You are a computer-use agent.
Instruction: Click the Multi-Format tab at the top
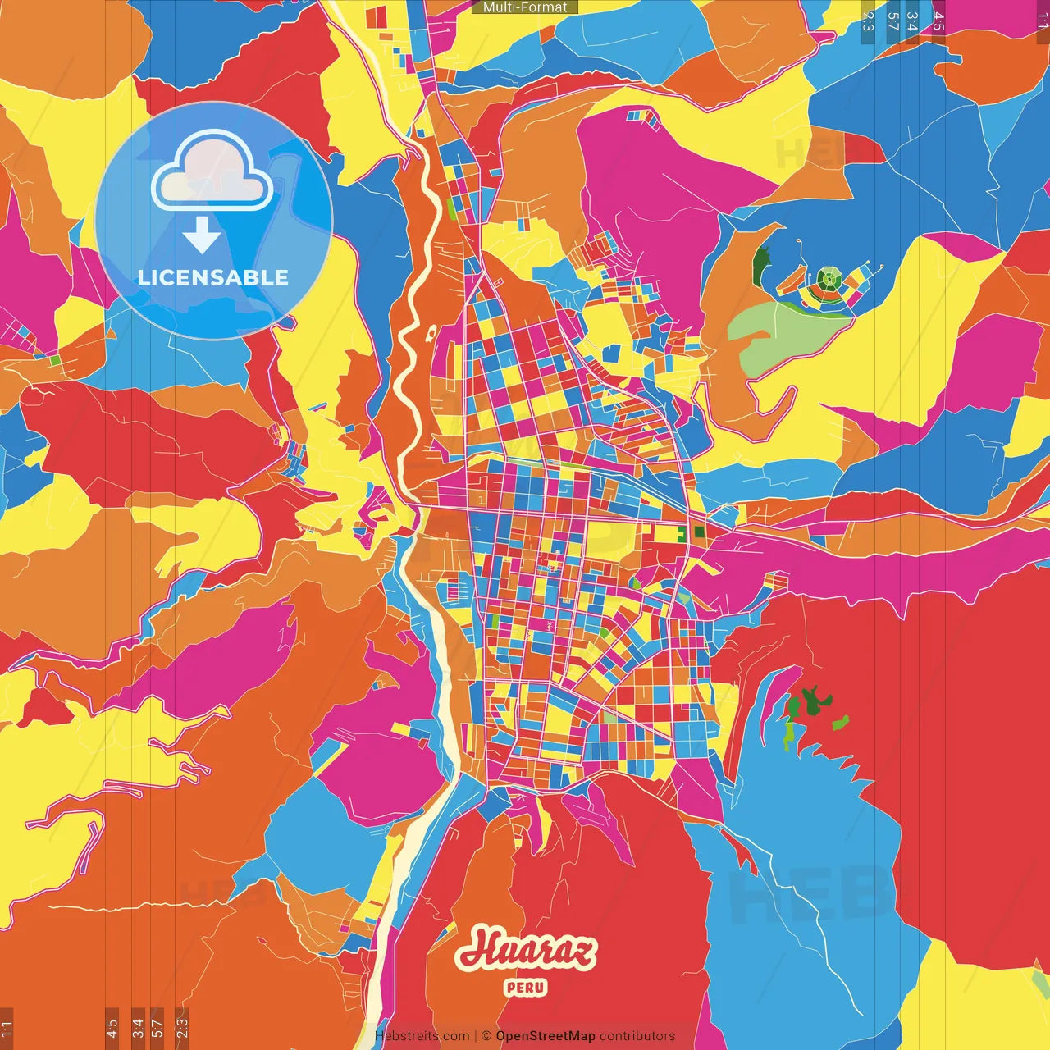tap(525, 7)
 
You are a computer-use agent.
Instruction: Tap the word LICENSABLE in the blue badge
tap(213, 277)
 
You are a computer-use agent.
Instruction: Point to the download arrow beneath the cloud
tap(202, 237)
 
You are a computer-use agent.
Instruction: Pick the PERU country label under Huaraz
tap(526, 987)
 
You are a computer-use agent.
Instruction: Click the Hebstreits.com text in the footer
tap(422, 1036)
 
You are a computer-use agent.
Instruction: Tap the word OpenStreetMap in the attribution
tap(545, 1036)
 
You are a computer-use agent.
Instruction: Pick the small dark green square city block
tap(699, 532)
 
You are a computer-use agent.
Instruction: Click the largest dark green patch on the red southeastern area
tap(811, 702)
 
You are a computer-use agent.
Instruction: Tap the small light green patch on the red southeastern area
tap(840, 723)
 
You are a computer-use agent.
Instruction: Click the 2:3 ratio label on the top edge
tap(868, 21)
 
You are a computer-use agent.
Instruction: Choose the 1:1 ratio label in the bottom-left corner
tap(7, 1028)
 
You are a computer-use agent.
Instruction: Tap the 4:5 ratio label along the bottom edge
tap(112, 1028)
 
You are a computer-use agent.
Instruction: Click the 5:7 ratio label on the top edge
tap(892, 21)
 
